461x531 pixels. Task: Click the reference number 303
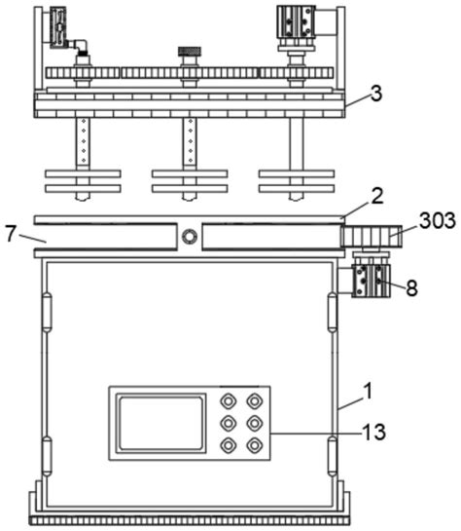(438, 220)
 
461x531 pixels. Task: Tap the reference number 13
(373, 433)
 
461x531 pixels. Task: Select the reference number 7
(11, 234)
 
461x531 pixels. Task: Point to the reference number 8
(411, 288)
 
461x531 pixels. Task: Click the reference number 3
(376, 94)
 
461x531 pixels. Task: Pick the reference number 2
(377, 196)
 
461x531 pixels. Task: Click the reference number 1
(368, 391)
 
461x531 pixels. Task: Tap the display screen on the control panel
(160, 423)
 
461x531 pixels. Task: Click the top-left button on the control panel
(229, 401)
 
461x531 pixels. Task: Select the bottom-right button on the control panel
(255, 445)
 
